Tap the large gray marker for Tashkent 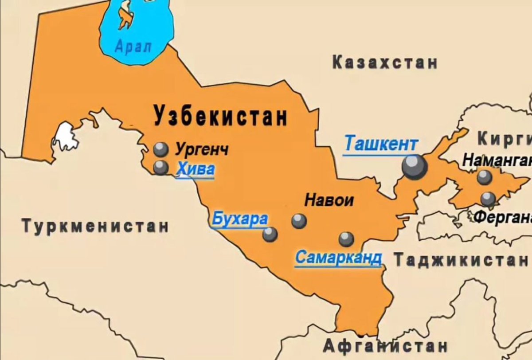pyautogui.click(x=415, y=167)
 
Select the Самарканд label pyautogui.click(x=338, y=257)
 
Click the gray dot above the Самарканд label pyautogui.click(x=346, y=239)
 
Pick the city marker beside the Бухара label pyautogui.click(x=270, y=234)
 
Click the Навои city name pyautogui.click(x=329, y=200)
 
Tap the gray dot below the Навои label pyautogui.click(x=299, y=221)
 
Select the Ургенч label pyautogui.click(x=202, y=149)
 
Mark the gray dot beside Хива pyautogui.click(x=160, y=167)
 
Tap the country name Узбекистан pyautogui.click(x=220, y=116)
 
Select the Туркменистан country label pyautogui.click(x=95, y=226)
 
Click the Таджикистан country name pyautogui.click(x=461, y=260)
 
